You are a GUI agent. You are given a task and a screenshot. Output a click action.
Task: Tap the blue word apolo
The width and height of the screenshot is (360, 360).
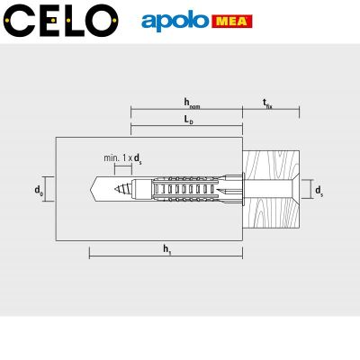[x=171, y=20]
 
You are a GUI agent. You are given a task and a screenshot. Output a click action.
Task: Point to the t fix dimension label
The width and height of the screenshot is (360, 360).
[x=268, y=103]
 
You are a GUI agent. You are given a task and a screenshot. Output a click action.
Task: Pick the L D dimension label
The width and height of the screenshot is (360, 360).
[x=186, y=120]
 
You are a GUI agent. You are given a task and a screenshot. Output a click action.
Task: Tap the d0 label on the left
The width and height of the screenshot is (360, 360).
[x=38, y=190]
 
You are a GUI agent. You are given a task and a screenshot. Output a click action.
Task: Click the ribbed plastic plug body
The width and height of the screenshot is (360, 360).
[x=189, y=190]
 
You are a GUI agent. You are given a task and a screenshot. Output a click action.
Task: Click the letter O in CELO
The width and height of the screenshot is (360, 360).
[x=103, y=19]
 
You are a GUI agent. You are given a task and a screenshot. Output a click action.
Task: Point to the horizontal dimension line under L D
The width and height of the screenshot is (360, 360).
[x=186, y=128]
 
